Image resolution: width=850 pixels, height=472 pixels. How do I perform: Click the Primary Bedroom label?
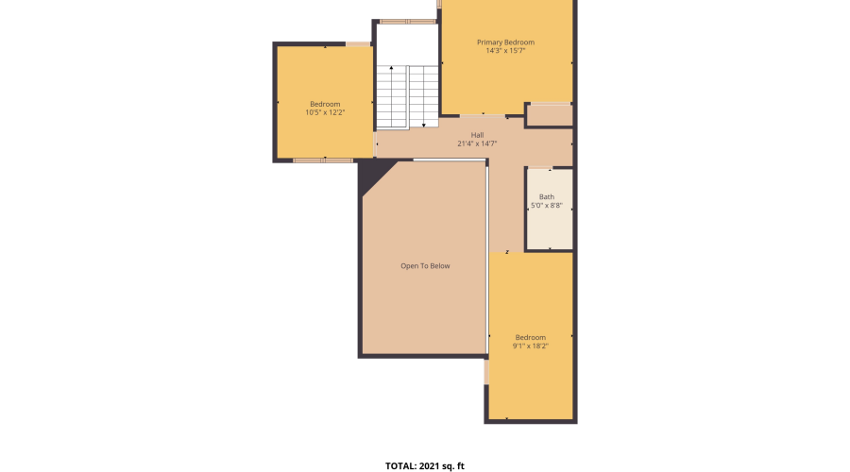(505, 42)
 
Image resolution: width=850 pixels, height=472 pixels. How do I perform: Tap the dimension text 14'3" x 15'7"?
(505, 51)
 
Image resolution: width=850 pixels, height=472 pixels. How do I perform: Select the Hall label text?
(477, 135)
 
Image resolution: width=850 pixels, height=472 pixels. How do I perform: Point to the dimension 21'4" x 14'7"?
(477, 143)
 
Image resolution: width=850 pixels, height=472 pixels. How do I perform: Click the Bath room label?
(547, 196)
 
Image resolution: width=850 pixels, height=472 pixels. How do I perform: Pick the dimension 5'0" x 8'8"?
(547, 205)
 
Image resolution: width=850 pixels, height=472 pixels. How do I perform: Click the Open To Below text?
(425, 266)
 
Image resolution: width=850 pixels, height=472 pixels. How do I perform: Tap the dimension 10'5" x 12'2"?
(325, 112)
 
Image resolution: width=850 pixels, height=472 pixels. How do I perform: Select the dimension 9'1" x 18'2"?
(530, 346)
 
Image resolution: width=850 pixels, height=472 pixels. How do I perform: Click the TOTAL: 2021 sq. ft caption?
(425, 465)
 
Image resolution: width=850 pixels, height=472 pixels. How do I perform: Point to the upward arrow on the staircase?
(391, 71)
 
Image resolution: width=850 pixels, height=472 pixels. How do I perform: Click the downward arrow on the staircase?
(424, 122)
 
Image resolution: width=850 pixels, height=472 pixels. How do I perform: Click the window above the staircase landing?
(408, 21)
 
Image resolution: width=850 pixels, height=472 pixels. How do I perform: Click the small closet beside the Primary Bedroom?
(549, 115)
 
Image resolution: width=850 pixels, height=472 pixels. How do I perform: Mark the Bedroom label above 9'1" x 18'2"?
(530, 337)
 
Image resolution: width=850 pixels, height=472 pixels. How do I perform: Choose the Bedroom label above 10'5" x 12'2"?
(325, 104)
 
